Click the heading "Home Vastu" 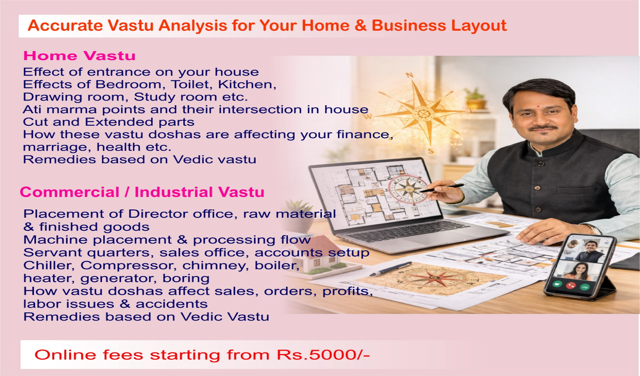click(x=79, y=55)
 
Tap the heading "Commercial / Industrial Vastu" click(x=142, y=192)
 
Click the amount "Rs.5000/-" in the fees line click(x=323, y=355)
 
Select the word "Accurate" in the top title click(x=65, y=25)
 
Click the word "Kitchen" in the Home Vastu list click(x=247, y=85)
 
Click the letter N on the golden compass click(x=409, y=75)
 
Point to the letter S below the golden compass click(x=431, y=151)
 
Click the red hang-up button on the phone click(x=571, y=285)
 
